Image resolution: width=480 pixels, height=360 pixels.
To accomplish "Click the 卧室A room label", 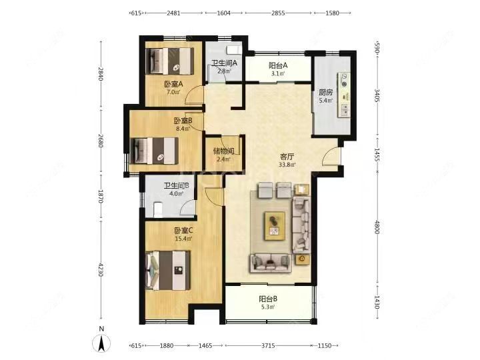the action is pyautogui.click(x=173, y=84).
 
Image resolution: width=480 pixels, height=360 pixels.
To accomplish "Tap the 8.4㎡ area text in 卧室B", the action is pyautogui.click(x=183, y=129).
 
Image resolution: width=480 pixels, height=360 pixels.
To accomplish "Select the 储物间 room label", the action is pyautogui.click(x=224, y=151).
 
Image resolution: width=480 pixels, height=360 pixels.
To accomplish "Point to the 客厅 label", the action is pyautogui.click(x=287, y=157).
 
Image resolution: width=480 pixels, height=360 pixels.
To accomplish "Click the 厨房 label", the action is pyautogui.click(x=326, y=93).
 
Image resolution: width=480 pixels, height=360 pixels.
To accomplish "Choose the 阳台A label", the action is pyautogui.click(x=278, y=65).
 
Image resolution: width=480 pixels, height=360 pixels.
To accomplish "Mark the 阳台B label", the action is pyautogui.click(x=268, y=299).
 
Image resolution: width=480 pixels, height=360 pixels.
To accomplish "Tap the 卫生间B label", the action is pyautogui.click(x=176, y=185).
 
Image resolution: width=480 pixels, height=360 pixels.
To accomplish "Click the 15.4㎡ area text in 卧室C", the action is pyautogui.click(x=183, y=239).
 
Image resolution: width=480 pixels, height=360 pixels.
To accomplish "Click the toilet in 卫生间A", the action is pyautogui.click(x=233, y=50).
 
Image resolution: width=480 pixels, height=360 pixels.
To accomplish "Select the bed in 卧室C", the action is pyautogui.click(x=168, y=271).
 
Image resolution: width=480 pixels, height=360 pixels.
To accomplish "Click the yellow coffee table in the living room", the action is pyautogui.click(x=275, y=225).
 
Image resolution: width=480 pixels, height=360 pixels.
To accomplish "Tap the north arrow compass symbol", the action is pyautogui.click(x=101, y=343).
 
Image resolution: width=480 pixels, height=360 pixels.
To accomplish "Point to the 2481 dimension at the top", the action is pyautogui.click(x=173, y=13).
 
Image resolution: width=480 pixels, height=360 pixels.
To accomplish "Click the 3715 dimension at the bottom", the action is pyautogui.click(x=268, y=345).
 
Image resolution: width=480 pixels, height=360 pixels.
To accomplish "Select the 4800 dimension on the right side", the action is pyautogui.click(x=377, y=227).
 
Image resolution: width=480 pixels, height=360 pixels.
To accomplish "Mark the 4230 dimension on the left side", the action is pyautogui.click(x=101, y=269).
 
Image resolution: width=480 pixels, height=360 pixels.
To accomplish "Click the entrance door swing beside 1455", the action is pyautogui.click(x=331, y=157).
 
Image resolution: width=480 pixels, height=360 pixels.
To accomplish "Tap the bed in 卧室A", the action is pyautogui.click(x=169, y=61).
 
